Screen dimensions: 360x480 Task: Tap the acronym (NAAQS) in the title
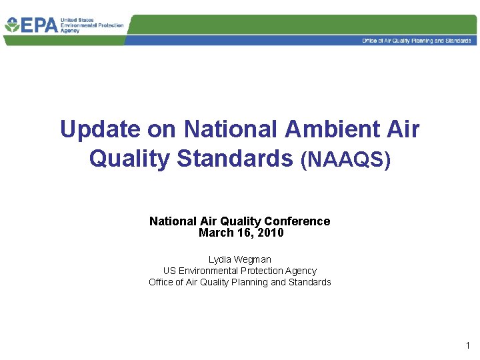[345, 160]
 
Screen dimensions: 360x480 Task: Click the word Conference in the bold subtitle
[297, 221]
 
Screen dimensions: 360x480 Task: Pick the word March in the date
[215, 233]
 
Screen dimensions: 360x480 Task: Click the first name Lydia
[221, 259]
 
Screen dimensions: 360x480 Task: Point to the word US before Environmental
[169, 271]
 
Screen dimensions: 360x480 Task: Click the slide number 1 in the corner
[467, 345]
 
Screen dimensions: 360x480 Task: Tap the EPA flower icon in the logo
[12, 25]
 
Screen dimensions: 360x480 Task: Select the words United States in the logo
[78, 21]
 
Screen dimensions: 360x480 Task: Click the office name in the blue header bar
[416, 41]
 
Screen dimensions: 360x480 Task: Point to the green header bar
[300, 25]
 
